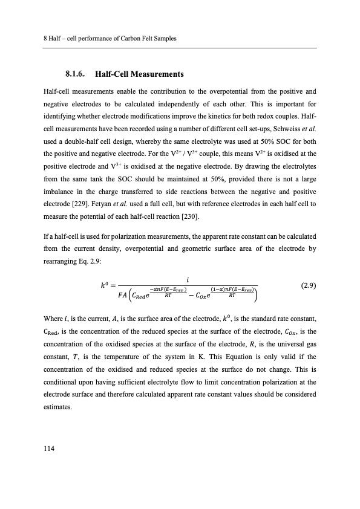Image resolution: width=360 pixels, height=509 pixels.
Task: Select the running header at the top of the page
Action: click(x=110, y=39)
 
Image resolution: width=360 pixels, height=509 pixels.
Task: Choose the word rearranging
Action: click(x=62, y=256)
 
